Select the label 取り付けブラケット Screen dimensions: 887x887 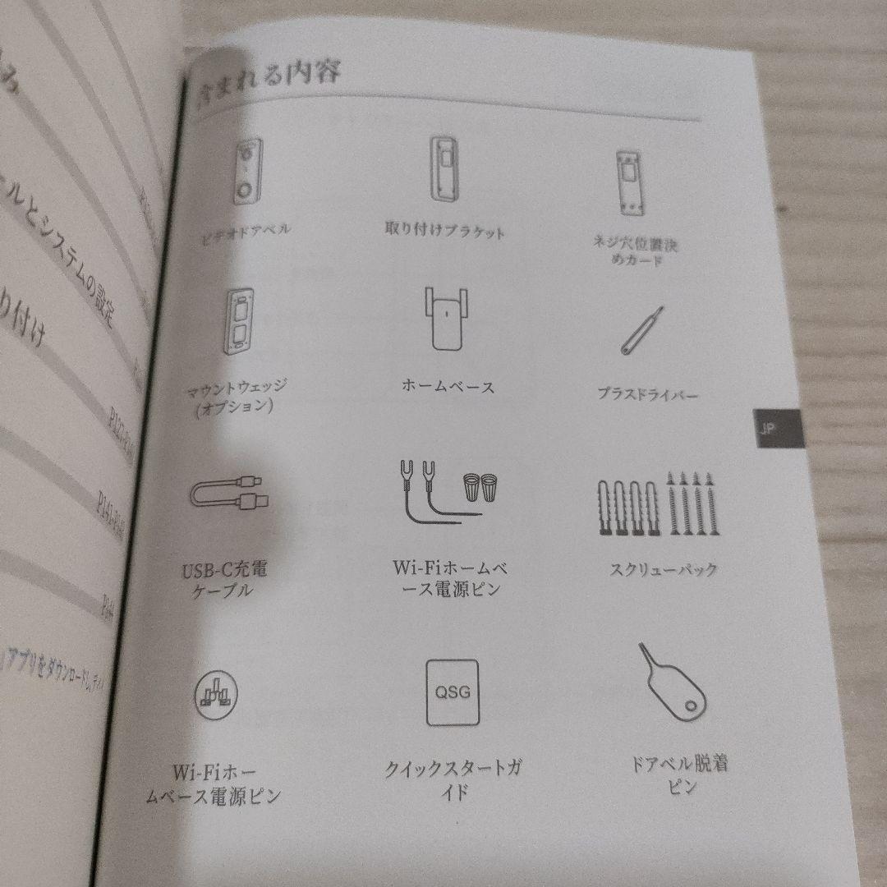pos(444,231)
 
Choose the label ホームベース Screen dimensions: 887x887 pos(448,386)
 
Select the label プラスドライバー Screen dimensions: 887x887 pos(647,395)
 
